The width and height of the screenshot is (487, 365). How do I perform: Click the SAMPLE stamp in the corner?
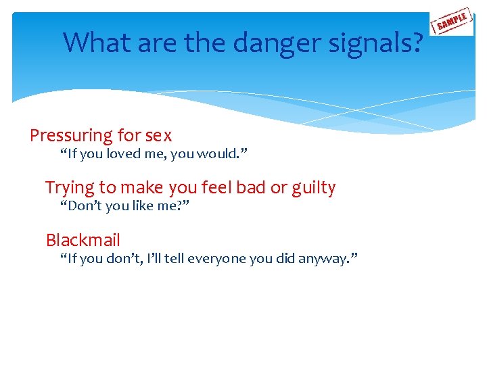point(453,22)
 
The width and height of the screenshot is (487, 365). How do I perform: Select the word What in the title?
point(96,43)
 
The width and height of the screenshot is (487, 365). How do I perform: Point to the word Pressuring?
point(71,136)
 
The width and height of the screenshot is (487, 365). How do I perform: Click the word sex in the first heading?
point(158,136)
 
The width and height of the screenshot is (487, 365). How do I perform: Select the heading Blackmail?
point(83,240)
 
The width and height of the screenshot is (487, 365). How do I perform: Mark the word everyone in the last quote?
point(218,258)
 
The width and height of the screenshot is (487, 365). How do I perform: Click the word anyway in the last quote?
point(323,258)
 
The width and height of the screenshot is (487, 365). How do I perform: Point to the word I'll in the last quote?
point(147,258)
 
